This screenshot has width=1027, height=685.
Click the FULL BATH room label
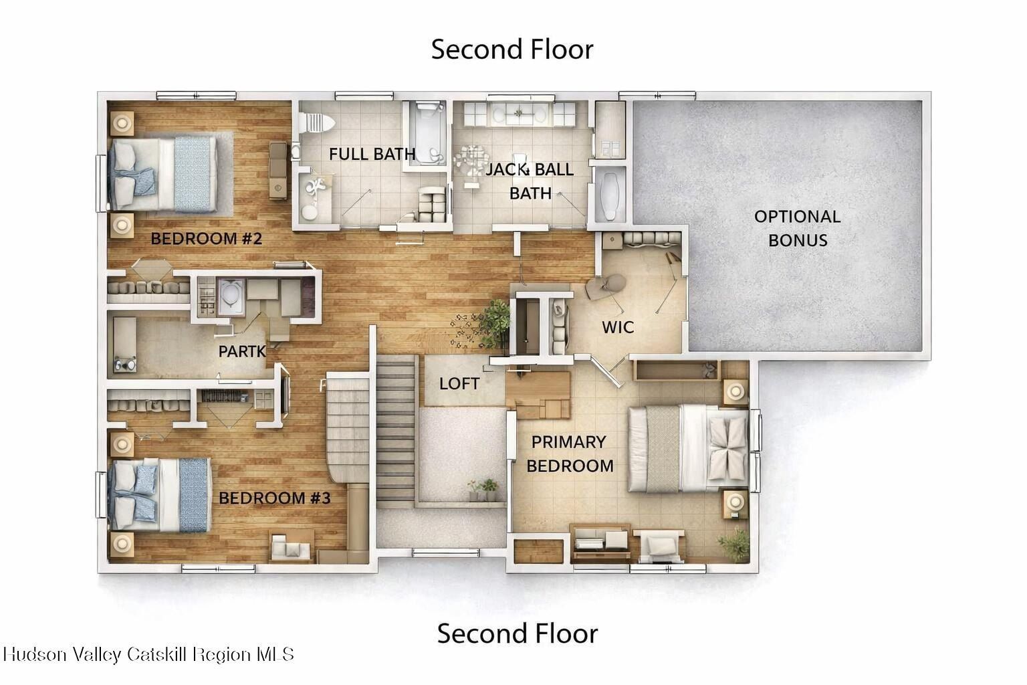tap(372, 154)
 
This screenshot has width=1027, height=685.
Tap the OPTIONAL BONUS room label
tap(797, 229)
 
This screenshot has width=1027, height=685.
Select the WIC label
tap(618, 327)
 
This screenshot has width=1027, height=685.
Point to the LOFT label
tap(459, 383)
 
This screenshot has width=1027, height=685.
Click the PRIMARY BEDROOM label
tap(570, 454)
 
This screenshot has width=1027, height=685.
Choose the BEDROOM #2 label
tap(207, 239)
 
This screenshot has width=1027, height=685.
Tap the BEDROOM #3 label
tap(275, 498)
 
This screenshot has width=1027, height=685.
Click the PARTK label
tap(241, 351)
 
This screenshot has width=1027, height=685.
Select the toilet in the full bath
tap(316, 122)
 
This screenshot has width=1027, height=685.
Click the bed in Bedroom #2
tap(162, 174)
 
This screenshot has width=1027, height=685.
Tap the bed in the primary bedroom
tap(688, 449)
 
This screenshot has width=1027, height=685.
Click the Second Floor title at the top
tap(512, 50)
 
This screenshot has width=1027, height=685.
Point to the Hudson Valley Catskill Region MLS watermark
tap(148, 654)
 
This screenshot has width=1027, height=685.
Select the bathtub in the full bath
tap(427, 133)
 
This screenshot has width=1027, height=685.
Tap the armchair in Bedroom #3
tap(291, 547)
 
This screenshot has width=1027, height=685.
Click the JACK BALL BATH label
tap(530, 181)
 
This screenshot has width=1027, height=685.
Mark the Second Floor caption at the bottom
tap(517, 633)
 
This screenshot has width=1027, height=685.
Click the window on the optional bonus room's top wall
tap(657, 96)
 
